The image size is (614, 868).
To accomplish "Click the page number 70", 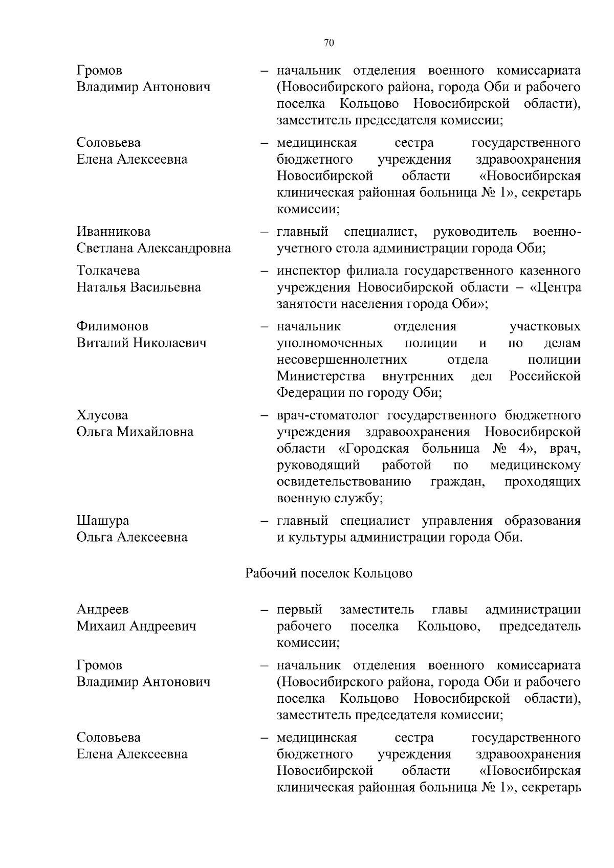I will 329,43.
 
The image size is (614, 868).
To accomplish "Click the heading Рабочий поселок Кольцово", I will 329,573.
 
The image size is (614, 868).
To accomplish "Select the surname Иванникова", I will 114,232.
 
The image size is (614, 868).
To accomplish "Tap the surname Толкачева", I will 108,270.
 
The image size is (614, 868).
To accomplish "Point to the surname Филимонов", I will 113,326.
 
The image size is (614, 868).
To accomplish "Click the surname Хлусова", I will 102,415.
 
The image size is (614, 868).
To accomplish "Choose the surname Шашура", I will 103,520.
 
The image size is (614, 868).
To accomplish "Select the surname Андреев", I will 103,609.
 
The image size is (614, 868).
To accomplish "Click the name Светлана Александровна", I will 153,249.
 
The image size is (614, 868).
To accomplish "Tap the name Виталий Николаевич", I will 142,343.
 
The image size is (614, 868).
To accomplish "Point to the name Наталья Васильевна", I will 139,287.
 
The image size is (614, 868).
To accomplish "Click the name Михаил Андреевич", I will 137,626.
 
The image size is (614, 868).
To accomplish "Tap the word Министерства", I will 321,376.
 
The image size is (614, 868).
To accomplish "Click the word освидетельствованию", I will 344,482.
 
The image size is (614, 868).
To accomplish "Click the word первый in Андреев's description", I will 299,610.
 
